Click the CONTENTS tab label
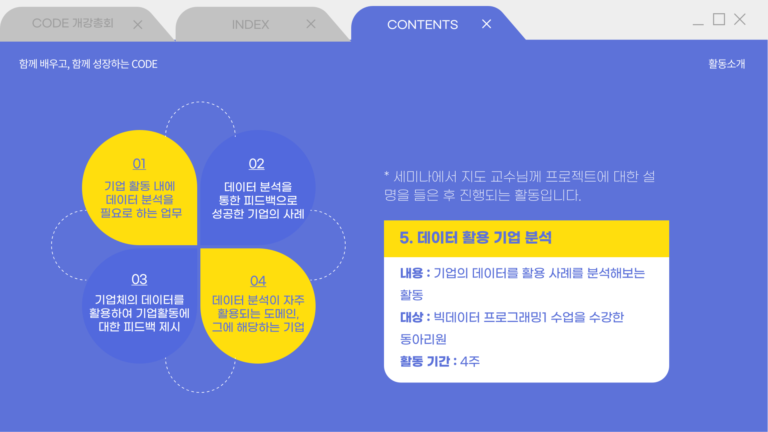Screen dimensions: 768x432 point(422,25)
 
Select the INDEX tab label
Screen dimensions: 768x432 point(250,25)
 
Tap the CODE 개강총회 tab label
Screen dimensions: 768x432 point(73,23)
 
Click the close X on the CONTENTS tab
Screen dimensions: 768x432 point(486,24)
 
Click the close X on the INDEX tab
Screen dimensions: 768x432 point(311,24)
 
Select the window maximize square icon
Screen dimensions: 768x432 point(719,19)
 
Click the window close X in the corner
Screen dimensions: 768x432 point(740,19)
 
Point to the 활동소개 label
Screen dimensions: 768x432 point(726,64)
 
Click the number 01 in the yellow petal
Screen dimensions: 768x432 point(139,164)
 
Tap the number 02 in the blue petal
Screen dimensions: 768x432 point(256,164)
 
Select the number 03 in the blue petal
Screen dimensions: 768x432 point(139,279)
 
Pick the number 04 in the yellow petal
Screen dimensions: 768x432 point(258,281)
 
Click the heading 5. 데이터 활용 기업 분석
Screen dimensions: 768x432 point(476,238)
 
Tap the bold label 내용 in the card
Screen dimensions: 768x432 point(411,273)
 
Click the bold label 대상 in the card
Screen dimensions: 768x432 point(411,317)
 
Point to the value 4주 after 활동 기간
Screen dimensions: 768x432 point(470,362)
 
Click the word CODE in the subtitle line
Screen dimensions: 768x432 point(144,64)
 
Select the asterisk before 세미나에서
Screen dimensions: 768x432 point(387,174)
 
